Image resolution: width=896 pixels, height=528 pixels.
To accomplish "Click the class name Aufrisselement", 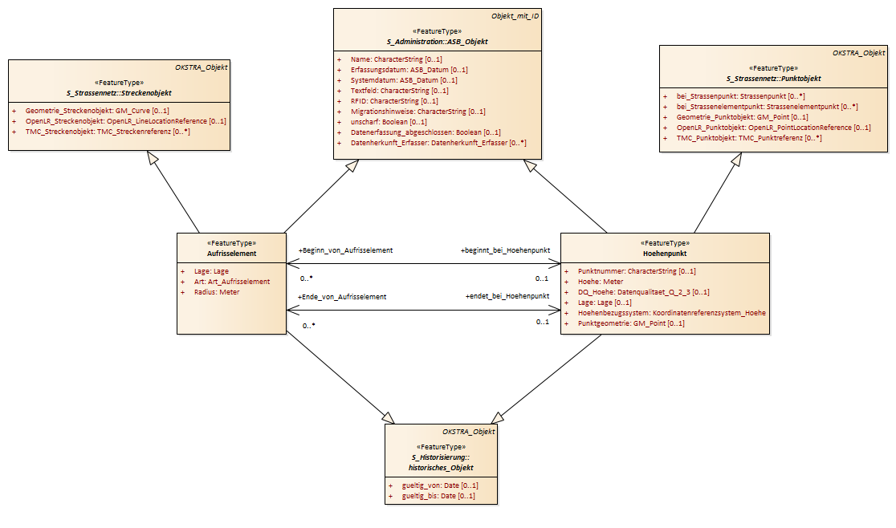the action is point(231,254).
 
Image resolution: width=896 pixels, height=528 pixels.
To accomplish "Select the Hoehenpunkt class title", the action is point(665,254).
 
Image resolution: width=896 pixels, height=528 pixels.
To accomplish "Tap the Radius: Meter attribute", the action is point(217,292).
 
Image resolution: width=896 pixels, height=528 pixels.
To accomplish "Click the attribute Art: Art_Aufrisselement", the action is point(232,282).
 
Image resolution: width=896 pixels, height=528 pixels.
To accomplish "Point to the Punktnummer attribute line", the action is point(637,271).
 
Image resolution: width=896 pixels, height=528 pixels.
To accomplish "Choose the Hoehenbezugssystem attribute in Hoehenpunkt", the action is point(671,313).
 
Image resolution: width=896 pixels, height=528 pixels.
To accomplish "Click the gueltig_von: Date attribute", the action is point(440,485).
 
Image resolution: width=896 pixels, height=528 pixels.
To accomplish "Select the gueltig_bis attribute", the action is point(438,495).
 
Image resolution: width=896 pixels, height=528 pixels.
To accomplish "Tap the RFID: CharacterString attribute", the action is point(394,101).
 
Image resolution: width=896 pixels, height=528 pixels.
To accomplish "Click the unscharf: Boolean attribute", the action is point(389,122).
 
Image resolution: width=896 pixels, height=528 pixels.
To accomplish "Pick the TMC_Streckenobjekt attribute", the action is point(108,132).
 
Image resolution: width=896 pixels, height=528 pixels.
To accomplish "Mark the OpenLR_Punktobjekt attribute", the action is point(774,128).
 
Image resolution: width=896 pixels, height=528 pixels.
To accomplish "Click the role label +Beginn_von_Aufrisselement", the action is point(345,250).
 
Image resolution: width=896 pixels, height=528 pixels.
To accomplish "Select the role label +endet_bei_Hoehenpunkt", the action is point(507,295).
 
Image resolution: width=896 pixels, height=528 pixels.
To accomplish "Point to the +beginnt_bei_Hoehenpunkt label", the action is point(505,250).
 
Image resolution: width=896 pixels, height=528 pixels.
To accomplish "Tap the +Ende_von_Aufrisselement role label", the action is point(342,297).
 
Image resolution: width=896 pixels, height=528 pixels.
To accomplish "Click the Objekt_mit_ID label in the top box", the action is point(515,16).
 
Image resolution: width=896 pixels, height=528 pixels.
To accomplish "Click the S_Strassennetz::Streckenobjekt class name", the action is point(119,93).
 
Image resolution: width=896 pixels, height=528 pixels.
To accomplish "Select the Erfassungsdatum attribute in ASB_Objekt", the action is point(409,70).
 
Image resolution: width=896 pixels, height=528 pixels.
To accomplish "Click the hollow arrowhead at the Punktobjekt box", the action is point(736,159).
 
